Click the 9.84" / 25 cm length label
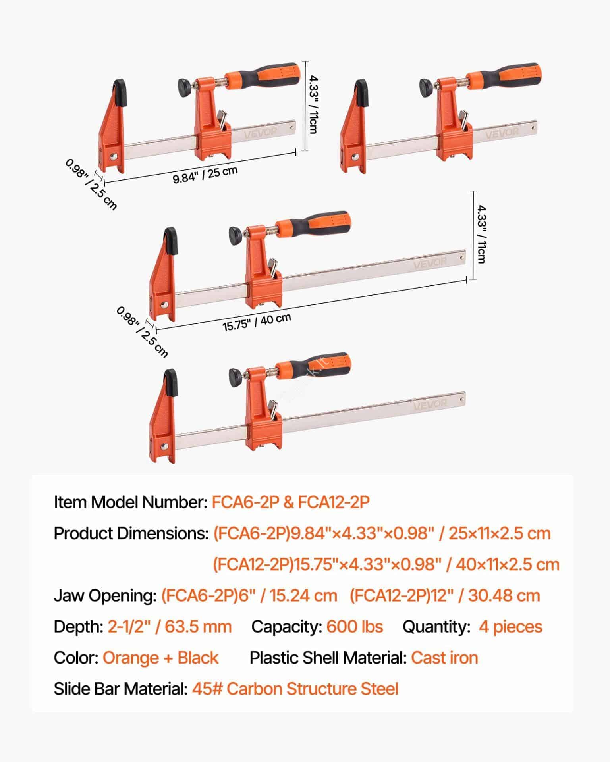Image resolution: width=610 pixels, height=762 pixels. point(205,175)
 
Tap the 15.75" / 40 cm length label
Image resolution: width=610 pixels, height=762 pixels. point(257,322)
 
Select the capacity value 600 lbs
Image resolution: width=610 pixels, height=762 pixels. point(355,627)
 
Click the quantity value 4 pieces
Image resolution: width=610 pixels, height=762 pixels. point(510,627)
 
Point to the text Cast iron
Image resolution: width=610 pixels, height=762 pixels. point(444,658)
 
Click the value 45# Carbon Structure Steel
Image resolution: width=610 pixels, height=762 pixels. point(295,689)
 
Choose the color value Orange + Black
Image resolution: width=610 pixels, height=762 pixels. point(160,658)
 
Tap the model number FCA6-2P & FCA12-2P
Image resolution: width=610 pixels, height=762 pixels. point(291,502)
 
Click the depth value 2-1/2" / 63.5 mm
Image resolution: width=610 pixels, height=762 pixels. point(170,627)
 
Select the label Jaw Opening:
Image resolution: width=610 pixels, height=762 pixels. point(105,596)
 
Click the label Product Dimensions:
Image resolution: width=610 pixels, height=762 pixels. point(131,533)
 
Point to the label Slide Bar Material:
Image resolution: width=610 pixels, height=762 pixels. point(121,689)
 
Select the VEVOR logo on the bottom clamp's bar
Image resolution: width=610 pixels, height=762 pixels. point(430,405)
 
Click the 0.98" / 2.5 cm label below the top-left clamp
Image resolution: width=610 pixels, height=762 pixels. point(91,184)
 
